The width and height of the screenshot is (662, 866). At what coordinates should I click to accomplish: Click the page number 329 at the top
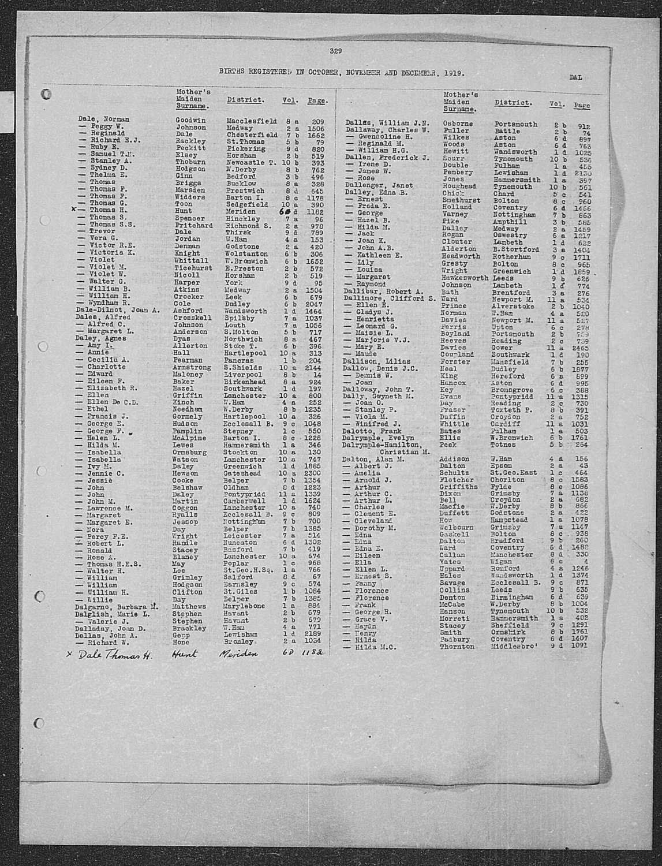336,51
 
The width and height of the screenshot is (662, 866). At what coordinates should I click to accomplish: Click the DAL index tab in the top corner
575,77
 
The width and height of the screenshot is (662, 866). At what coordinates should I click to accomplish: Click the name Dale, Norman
104,120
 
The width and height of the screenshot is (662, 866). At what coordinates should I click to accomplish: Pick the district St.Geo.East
515,472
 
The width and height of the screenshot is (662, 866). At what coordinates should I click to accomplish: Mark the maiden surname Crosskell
193,318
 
